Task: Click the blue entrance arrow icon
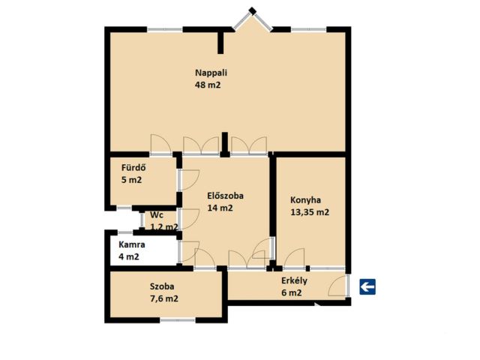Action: point(367,286)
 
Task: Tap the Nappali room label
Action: point(211,73)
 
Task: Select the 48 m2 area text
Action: point(208,85)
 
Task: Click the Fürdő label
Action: point(133,168)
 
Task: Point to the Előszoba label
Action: point(225,196)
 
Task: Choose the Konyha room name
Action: point(305,200)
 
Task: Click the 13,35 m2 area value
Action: point(310,212)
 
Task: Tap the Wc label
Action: point(157,215)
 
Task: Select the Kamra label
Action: point(132,245)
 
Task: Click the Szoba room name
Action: point(162,286)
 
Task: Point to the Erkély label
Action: point(294,280)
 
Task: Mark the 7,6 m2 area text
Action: point(164,298)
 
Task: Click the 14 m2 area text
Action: point(220,208)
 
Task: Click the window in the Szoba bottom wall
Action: point(178,320)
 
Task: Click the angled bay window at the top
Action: point(252,19)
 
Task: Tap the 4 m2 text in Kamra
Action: point(128,256)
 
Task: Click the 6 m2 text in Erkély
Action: point(292,293)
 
